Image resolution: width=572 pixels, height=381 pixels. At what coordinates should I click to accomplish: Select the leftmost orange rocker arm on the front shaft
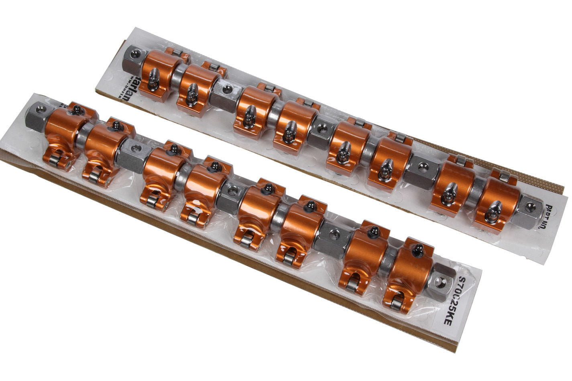point(64,128)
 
